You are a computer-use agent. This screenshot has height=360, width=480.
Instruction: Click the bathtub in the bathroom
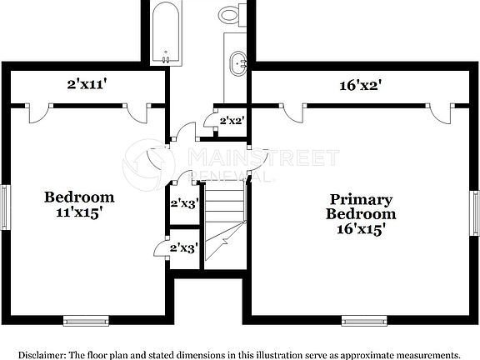click(x=166, y=32)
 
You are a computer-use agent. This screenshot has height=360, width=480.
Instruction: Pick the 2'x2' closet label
click(x=231, y=121)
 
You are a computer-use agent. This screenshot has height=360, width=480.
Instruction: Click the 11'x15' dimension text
click(x=80, y=212)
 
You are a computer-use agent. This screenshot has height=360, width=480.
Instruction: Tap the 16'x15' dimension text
click(x=361, y=227)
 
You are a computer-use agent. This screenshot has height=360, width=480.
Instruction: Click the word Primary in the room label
click(x=361, y=199)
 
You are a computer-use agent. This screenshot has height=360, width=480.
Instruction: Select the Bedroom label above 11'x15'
click(x=79, y=197)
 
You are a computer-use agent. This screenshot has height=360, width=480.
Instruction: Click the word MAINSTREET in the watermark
click(x=263, y=157)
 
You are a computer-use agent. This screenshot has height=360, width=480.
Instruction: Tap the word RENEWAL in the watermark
click(x=233, y=177)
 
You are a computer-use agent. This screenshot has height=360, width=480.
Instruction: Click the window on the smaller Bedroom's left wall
click(x=4, y=206)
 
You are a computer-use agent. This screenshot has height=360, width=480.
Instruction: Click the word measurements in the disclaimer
click(x=425, y=354)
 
